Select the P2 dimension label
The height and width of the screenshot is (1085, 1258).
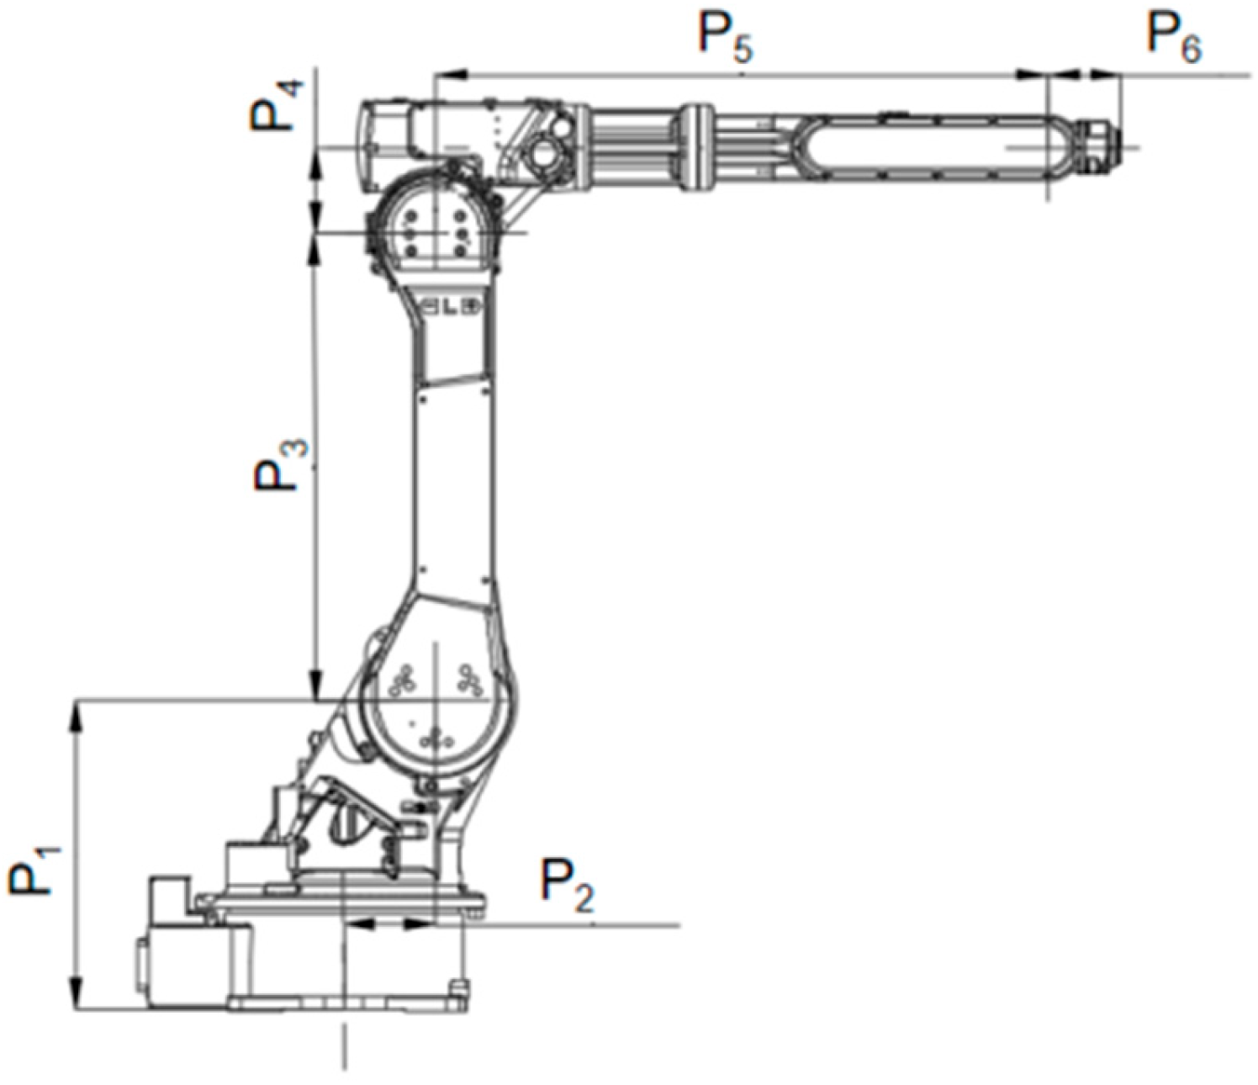click(x=567, y=888)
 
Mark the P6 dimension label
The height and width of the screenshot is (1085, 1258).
click(x=1174, y=37)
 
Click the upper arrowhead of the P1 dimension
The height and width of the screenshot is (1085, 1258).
click(x=77, y=717)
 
